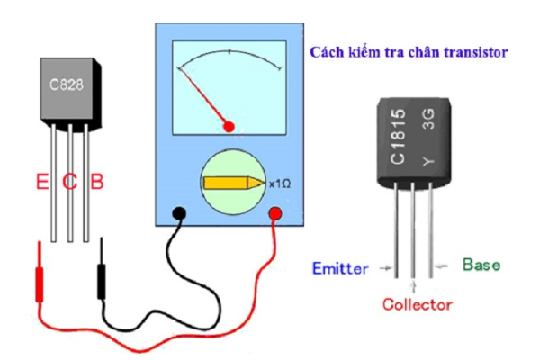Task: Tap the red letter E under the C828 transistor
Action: pyautogui.click(x=41, y=183)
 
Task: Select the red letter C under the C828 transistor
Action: pyautogui.click(x=69, y=183)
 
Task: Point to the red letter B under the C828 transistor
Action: pyautogui.click(x=97, y=183)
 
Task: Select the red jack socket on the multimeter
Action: pyautogui.click(x=276, y=214)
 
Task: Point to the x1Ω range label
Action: pyautogui.click(x=280, y=184)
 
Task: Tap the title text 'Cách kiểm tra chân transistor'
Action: pyautogui.click(x=409, y=52)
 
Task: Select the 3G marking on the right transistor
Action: pyautogui.click(x=427, y=121)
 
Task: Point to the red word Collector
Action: pyautogui.click(x=417, y=305)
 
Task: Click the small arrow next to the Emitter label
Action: pyautogui.click(x=386, y=267)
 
